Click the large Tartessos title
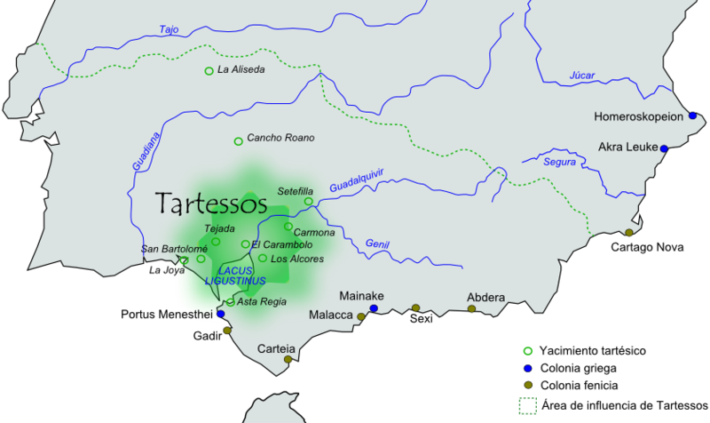211,204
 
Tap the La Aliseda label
241,70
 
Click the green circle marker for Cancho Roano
238,141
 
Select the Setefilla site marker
309,202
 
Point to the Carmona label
314,233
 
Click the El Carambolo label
281,244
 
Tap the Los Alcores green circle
263,259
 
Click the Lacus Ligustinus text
235,275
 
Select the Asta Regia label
262,302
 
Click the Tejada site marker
216,242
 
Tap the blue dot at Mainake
374,308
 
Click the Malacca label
330,315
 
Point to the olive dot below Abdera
471,309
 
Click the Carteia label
276,349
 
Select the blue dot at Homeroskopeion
692,116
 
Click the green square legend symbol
528,406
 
